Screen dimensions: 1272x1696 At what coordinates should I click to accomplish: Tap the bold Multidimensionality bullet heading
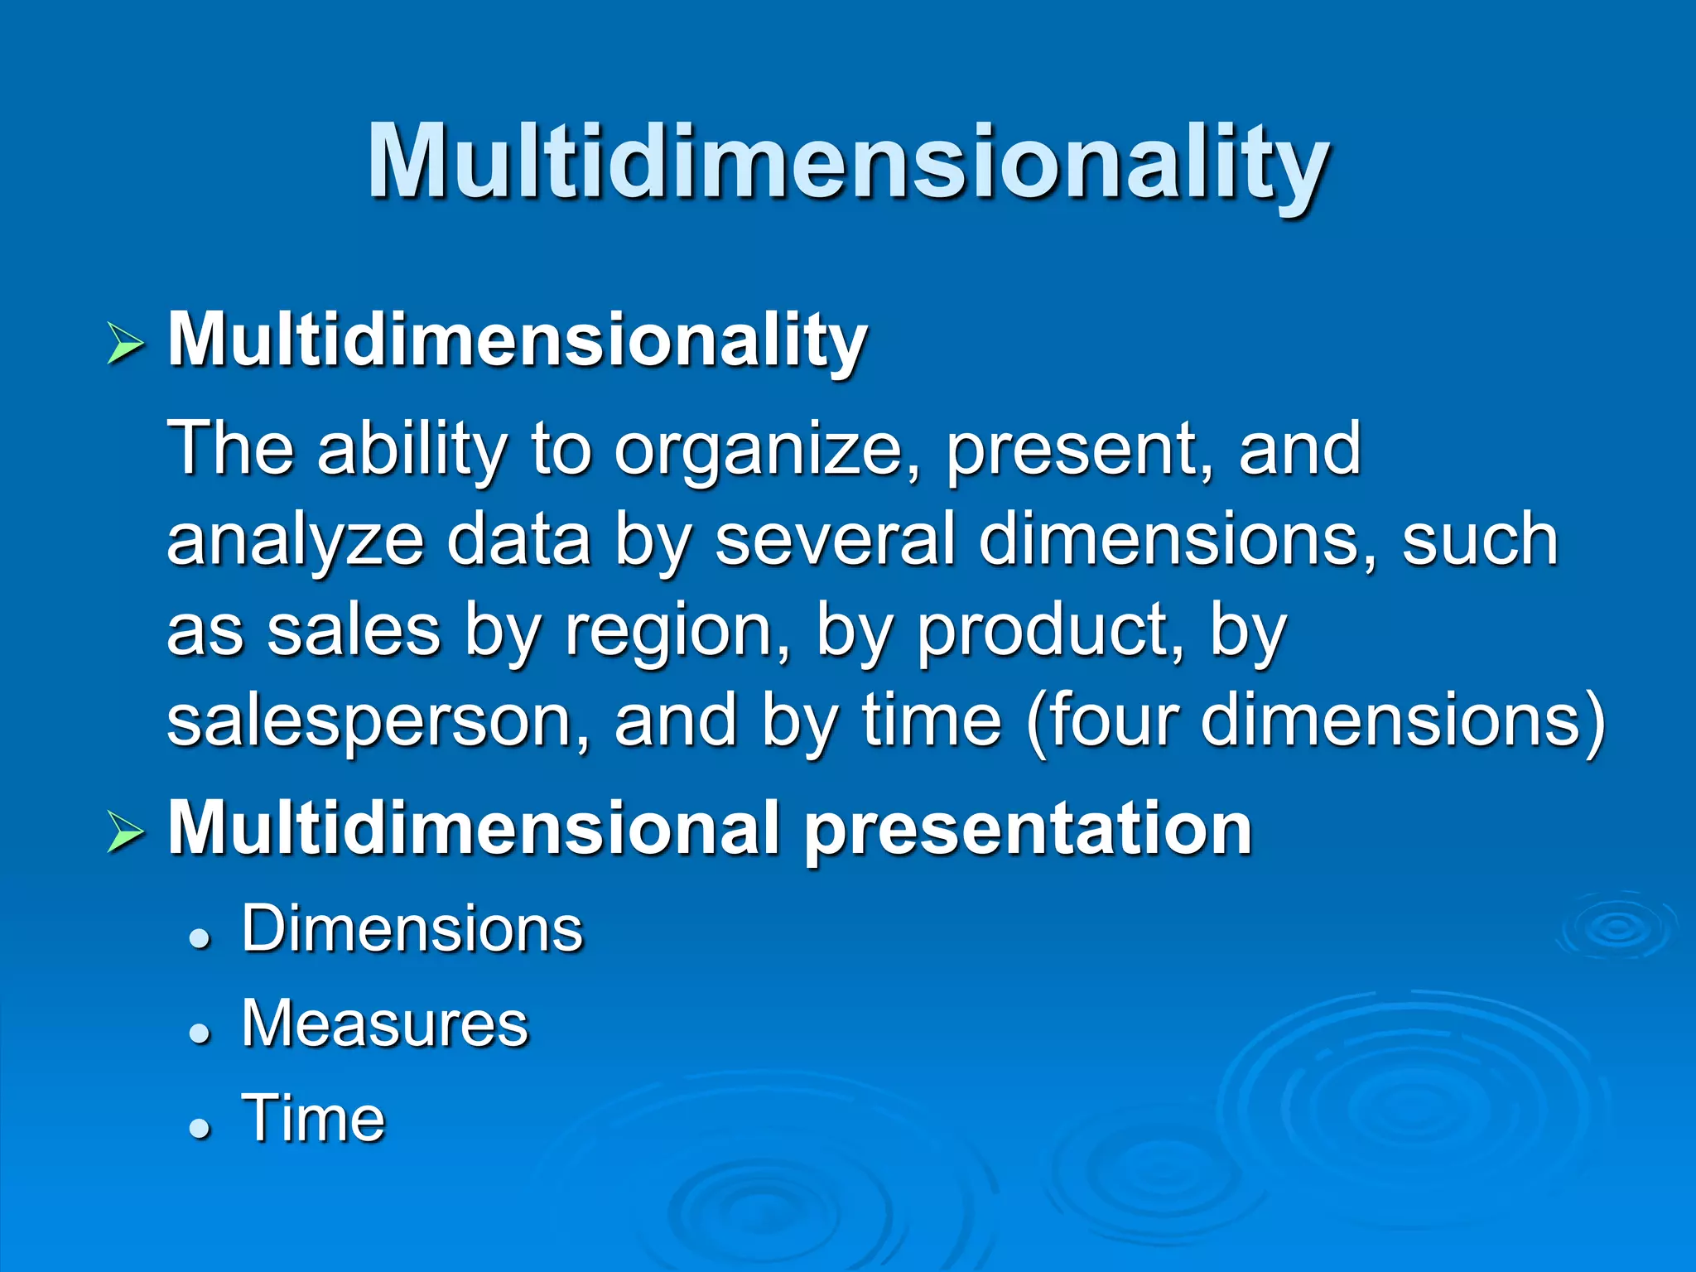518,340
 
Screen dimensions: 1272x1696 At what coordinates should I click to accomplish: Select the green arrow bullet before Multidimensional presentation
126,832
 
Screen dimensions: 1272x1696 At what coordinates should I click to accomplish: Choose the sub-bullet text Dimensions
412,929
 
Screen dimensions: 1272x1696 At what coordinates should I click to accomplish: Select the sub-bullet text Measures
385,1024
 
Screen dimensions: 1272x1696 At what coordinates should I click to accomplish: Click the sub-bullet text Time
313,1119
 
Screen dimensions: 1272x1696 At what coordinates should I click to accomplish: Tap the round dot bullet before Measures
199,1033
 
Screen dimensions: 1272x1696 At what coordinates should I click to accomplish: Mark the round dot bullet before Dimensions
199,938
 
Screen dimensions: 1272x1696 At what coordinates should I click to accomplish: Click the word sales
354,632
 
